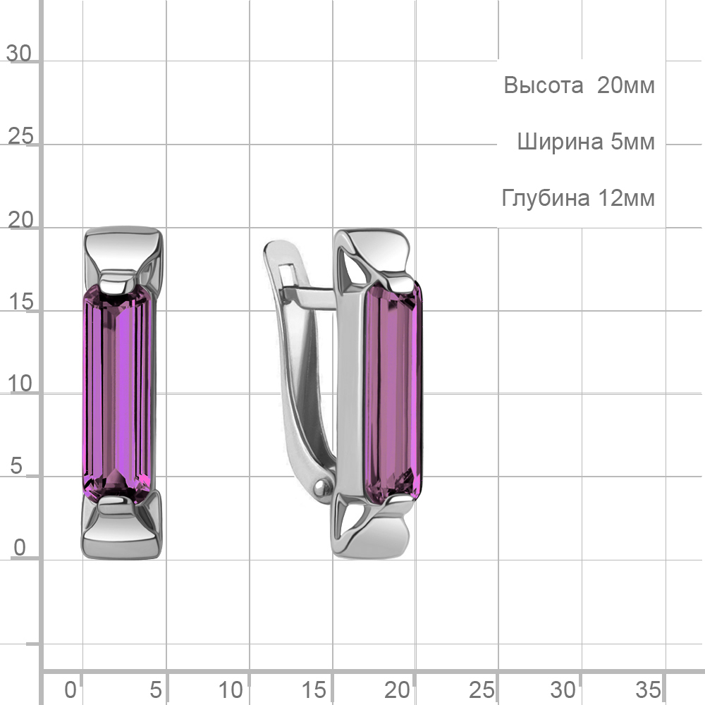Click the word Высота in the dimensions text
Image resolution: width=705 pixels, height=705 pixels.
pos(543,85)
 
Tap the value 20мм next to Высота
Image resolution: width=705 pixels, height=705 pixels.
pos(626,85)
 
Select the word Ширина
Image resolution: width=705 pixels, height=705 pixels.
pos(560,142)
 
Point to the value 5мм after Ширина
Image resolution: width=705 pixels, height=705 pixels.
pos(632,142)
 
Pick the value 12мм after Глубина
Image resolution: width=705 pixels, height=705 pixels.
pos(626,198)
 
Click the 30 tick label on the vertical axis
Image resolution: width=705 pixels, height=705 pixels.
pos(19,54)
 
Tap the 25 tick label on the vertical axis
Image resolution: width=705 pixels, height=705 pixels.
pos(20,136)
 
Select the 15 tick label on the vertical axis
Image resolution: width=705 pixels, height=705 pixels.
pos(20,302)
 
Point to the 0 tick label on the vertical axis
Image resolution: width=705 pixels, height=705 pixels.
pos(19,548)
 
